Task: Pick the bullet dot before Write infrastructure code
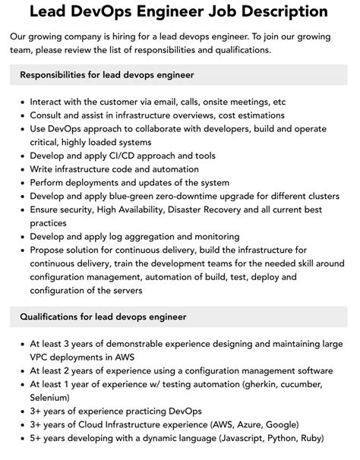click(x=21, y=169)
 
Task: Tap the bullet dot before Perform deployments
click(x=21, y=182)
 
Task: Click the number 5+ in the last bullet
click(x=37, y=438)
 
